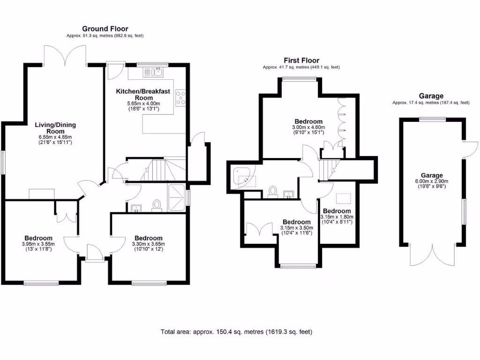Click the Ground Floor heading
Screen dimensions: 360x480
click(x=105, y=29)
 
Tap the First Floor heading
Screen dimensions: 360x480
click(x=301, y=60)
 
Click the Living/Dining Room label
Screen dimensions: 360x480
click(x=55, y=128)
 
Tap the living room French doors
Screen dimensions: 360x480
click(x=66, y=55)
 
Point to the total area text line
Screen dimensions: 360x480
click(x=236, y=332)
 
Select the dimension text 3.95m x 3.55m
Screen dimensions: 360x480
click(x=38, y=244)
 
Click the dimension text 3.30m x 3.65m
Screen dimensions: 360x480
click(x=148, y=244)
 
